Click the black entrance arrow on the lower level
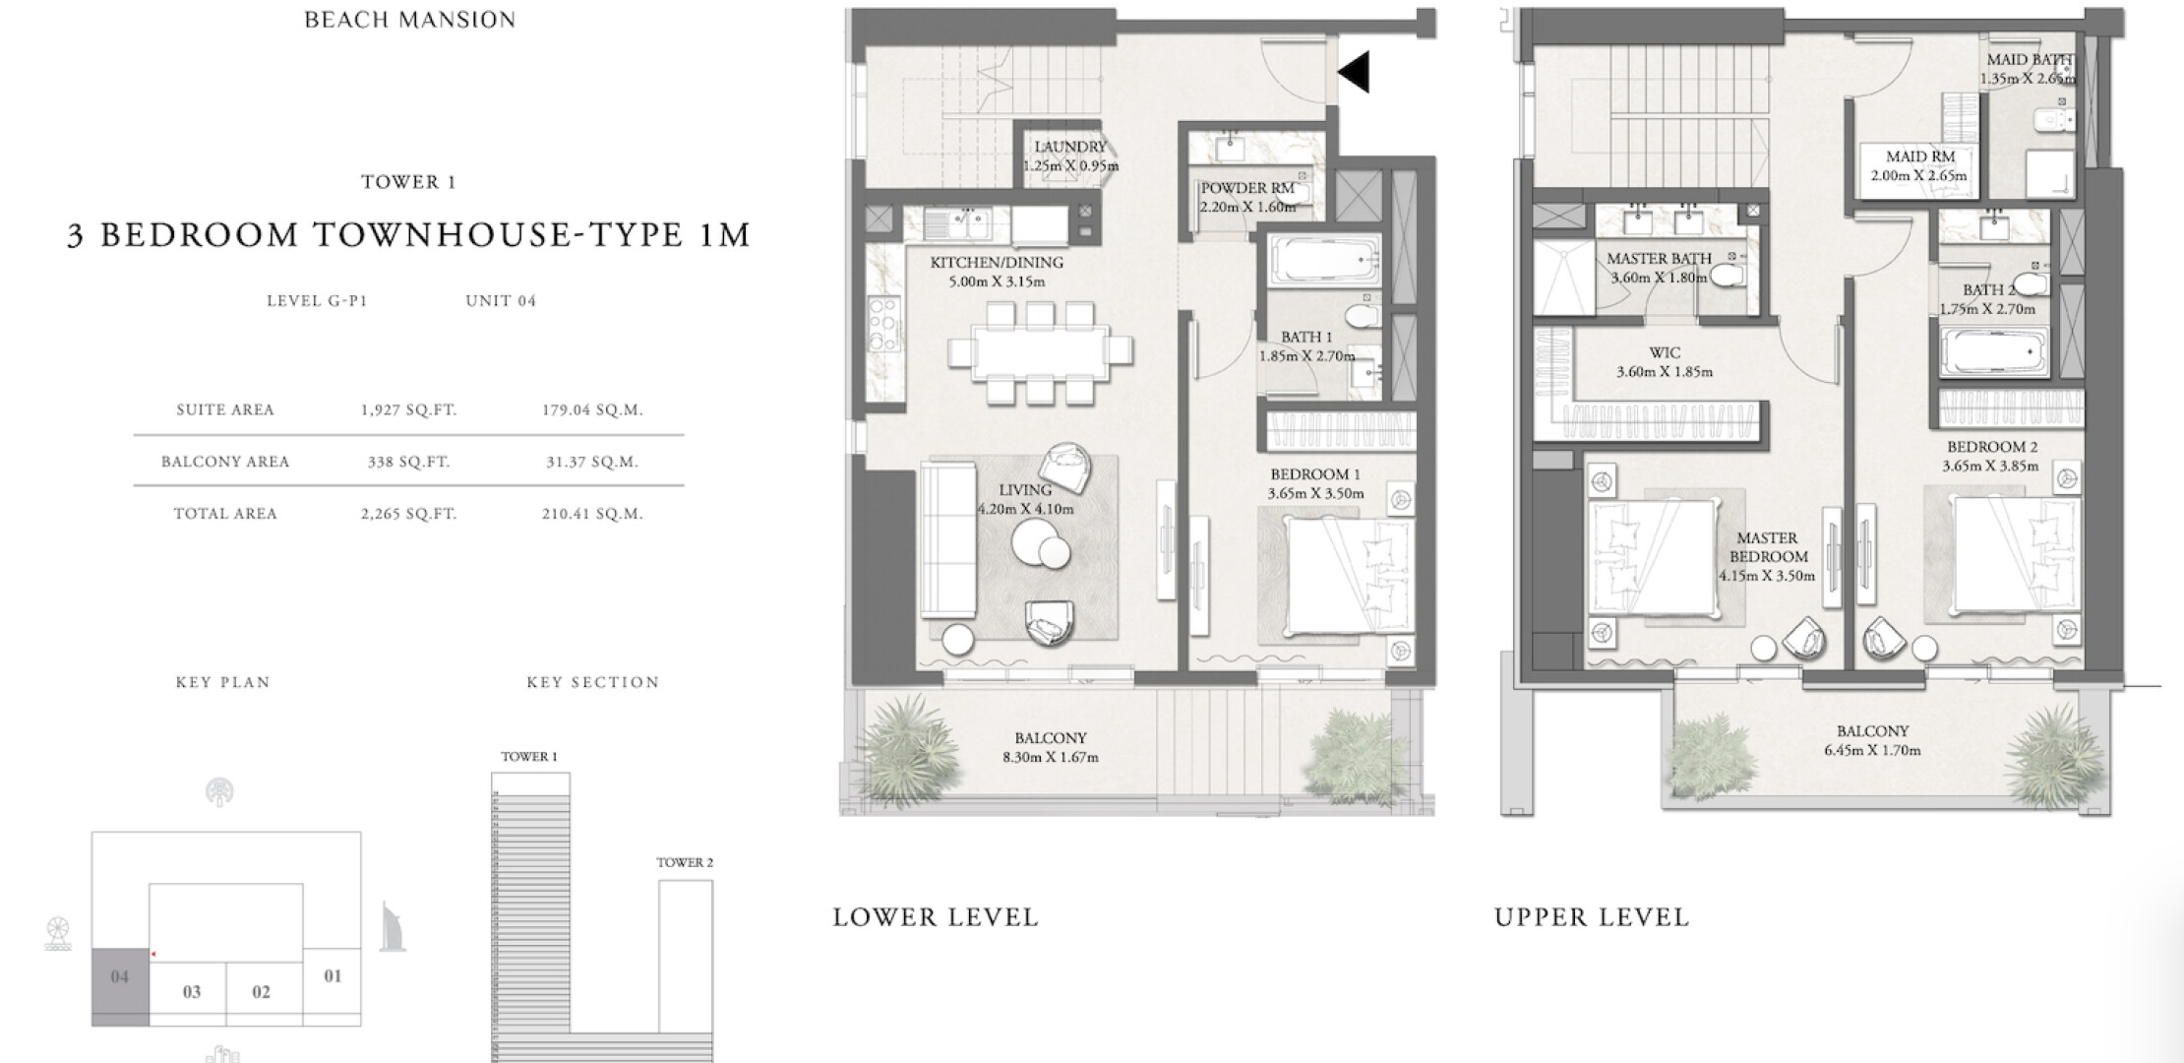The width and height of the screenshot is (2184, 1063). click(1355, 71)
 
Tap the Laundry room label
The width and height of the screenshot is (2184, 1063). click(1069, 148)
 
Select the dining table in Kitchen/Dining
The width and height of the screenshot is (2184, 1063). click(1040, 351)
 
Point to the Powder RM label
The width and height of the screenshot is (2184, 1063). click(1246, 188)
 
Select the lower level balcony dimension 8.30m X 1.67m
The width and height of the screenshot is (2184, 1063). click(1051, 758)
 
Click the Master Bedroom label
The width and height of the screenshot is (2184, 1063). click(1767, 547)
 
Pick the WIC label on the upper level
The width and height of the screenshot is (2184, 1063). click(1665, 352)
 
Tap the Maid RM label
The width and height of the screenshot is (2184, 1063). click(1920, 156)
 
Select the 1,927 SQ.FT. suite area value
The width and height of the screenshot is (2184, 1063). click(408, 410)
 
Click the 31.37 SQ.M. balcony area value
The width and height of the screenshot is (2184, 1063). click(592, 462)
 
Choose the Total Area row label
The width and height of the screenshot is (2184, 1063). click(225, 514)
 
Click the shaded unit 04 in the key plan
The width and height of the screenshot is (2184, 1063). click(120, 987)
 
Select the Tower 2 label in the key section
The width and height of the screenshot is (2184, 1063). click(685, 862)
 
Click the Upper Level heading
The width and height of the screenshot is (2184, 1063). click(1592, 917)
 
